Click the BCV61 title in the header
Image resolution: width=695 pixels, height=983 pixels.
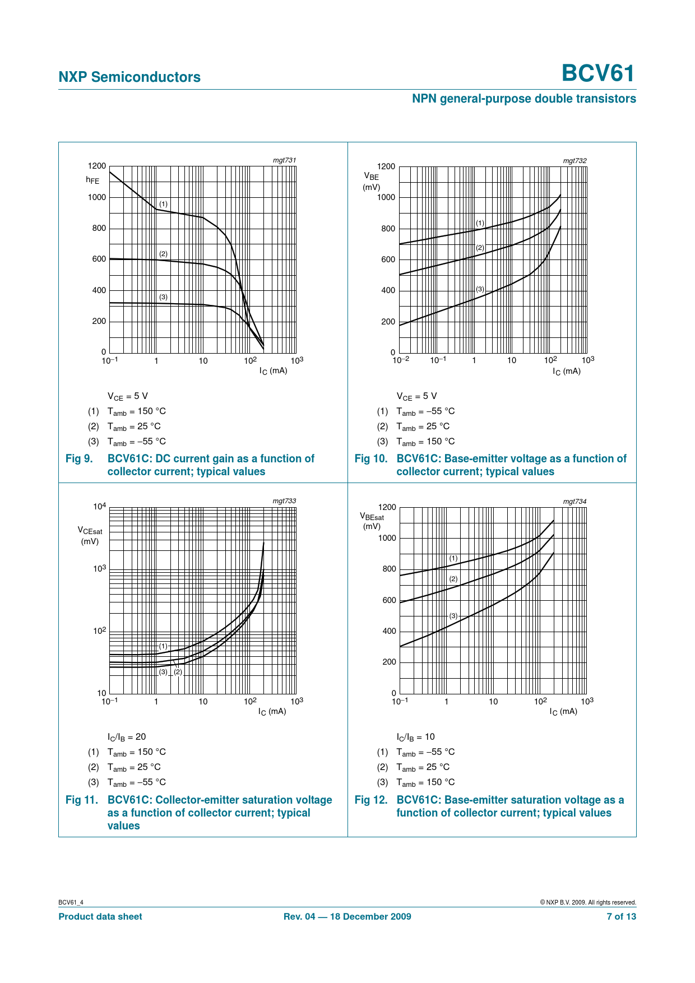[598, 73]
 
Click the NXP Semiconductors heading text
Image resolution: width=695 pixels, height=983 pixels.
[129, 77]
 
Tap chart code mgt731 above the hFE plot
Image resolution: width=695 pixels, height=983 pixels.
[284, 160]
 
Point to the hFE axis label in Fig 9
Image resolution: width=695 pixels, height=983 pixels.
[92, 180]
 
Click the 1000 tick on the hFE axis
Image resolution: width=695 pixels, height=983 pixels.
[96, 197]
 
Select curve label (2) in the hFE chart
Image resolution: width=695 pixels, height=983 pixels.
[163, 254]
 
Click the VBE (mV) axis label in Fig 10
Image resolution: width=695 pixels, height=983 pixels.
[371, 182]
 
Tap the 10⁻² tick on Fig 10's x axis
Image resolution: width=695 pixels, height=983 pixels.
[401, 360]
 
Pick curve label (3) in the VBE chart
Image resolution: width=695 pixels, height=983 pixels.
[480, 289]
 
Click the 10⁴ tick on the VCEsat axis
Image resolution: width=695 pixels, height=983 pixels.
[99, 507]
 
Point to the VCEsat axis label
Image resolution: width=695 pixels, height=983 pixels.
[90, 535]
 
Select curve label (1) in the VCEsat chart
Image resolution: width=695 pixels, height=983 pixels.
[163, 646]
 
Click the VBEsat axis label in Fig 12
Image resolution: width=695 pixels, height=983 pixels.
[372, 521]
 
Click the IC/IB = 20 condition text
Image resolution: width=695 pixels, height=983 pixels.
[127, 737]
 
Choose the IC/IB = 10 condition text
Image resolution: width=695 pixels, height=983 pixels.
[415, 737]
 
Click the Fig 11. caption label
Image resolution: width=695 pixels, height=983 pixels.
[82, 800]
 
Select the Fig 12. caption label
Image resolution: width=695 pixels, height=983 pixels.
[371, 800]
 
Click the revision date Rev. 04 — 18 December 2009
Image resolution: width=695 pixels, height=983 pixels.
[347, 916]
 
